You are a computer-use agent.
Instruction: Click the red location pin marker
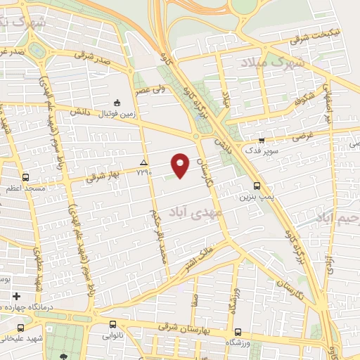pyautogui.click(x=181, y=165)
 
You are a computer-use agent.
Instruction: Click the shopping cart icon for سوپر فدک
pyautogui.click(x=261, y=140)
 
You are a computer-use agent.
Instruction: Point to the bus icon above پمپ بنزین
pyautogui.click(x=257, y=186)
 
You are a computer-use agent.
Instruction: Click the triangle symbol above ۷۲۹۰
pyautogui.click(x=143, y=162)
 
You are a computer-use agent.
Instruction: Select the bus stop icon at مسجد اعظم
pyautogui.click(x=26, y=177)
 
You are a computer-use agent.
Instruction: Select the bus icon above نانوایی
pyautogui.click(x=113, y=325)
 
